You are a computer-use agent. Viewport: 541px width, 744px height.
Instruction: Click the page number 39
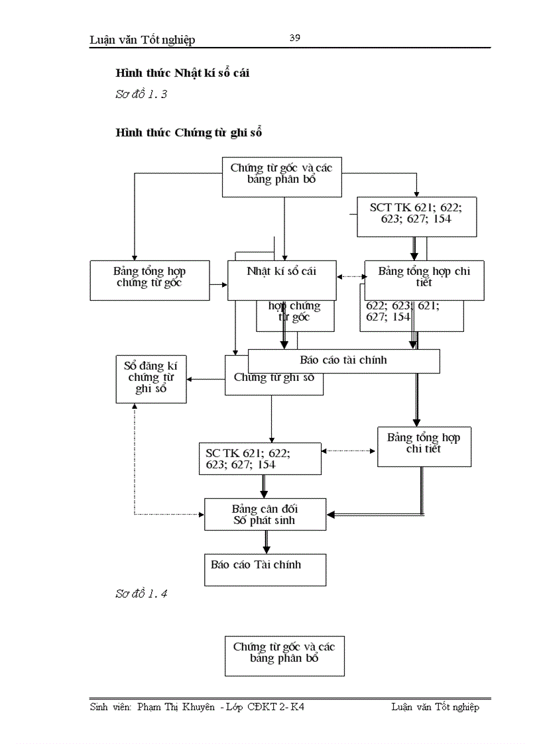point(295,38)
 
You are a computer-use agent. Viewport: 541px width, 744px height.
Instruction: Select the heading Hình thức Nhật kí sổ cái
point(182,73)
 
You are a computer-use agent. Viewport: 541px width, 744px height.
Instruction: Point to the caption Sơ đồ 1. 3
point(141,95)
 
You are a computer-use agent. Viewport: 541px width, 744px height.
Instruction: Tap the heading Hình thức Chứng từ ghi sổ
point(189,133)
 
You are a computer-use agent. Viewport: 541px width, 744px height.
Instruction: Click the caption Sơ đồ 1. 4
point(141,594)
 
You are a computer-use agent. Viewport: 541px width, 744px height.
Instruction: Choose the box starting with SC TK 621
point(259,458)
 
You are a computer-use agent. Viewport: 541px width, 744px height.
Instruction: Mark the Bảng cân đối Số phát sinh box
point(265,514)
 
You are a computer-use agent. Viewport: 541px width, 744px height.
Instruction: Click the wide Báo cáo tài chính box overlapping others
point(343,361)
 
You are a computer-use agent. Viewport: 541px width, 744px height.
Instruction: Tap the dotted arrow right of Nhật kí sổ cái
point(350,277)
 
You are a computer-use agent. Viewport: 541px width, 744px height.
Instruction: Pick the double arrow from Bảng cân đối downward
point(267,542)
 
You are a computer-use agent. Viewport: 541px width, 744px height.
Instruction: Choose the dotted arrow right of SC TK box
point(349,451)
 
